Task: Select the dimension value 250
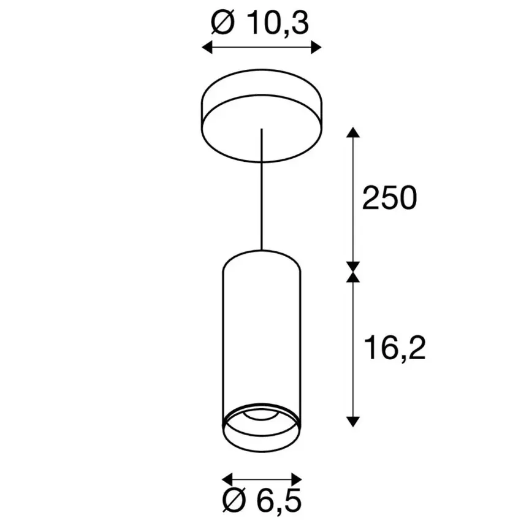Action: pyautogui.click(x=389, y=199)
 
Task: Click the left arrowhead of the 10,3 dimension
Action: pyautogui.click(x=207, y=47)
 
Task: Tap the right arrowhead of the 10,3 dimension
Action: pyautogui.click(x=316, y=47)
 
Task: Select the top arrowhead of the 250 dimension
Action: pyautogui.click(x=352, y=133)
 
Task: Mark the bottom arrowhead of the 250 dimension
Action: pyautogui.click(x=352, y=267)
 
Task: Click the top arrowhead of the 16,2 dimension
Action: pyautogui.click(x=352, y=278)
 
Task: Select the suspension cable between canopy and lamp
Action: pyautogui.click(x=262, y=196)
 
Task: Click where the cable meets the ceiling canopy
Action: pyautogui.click(x=262, y=129)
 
